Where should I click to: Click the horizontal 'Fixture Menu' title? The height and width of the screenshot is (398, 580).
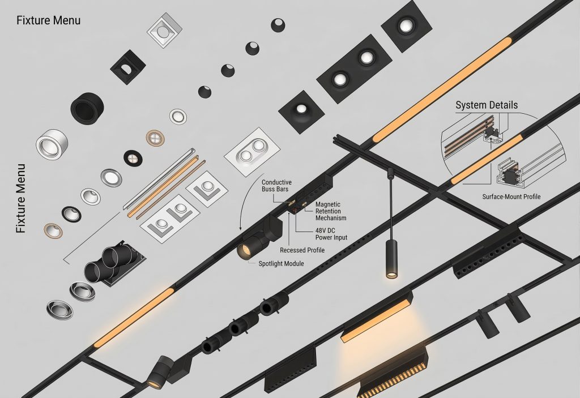(48, 20)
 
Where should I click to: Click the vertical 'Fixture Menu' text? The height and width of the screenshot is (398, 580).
(21, 198)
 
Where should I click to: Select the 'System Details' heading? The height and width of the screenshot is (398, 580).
(487, 105)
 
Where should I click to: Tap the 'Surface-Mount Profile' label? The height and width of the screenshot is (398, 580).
(511, 197)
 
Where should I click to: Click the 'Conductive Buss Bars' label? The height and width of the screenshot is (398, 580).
(276, 186)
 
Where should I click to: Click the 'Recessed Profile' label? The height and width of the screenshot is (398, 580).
(302, 250)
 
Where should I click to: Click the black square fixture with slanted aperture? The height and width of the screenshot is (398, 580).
(127, 67)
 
